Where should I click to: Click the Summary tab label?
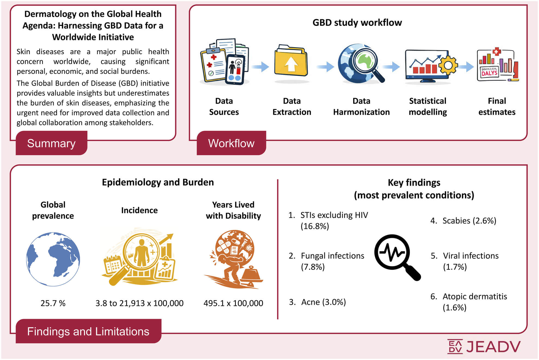[51, 143]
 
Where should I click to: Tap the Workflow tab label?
[231, 143]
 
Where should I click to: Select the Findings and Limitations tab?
[89, 331]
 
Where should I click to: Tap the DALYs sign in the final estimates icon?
[489, 72]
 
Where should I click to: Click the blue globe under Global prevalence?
[53, 259]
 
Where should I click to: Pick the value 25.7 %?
[53, 303]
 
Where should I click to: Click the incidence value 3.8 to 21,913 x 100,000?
[139, 303]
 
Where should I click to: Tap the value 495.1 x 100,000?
[233, 303]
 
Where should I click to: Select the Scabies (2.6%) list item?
[463, 221]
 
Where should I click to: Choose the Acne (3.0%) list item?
[318, 302]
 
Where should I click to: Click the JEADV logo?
[484, 346]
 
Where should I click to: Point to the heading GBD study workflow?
[357, 23]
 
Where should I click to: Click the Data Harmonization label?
[361, 106]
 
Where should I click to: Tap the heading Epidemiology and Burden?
[158, 182]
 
